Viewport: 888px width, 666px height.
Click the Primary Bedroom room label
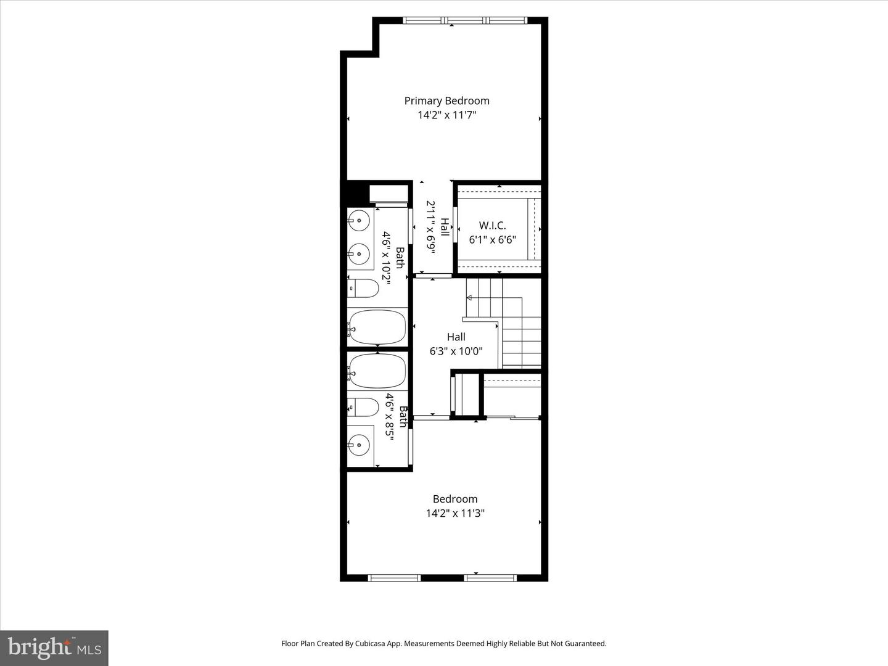point(446,101)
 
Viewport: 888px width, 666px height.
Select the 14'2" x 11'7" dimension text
point(446,115)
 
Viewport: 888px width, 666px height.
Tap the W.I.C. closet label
point(492,226)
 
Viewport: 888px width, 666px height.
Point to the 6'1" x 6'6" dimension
point(492,240)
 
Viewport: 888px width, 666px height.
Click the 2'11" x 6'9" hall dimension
point(431,227)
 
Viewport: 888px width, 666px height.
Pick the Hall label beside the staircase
point(456,337)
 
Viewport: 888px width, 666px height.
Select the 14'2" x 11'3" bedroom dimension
point(455,513)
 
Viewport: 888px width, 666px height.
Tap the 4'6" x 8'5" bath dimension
point(389,415)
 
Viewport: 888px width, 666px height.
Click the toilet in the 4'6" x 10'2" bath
point(363,288)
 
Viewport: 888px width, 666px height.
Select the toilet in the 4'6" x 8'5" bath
point(363,407)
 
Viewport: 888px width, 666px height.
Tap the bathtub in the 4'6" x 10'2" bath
point(377,327)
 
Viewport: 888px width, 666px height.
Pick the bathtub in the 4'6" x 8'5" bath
point(377,371)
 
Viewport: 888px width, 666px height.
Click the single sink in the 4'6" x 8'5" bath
point(359,444)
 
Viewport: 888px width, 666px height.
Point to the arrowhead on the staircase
point(469,298)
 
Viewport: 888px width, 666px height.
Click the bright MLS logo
point(54,647)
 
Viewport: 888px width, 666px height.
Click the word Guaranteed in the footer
point(585,643)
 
